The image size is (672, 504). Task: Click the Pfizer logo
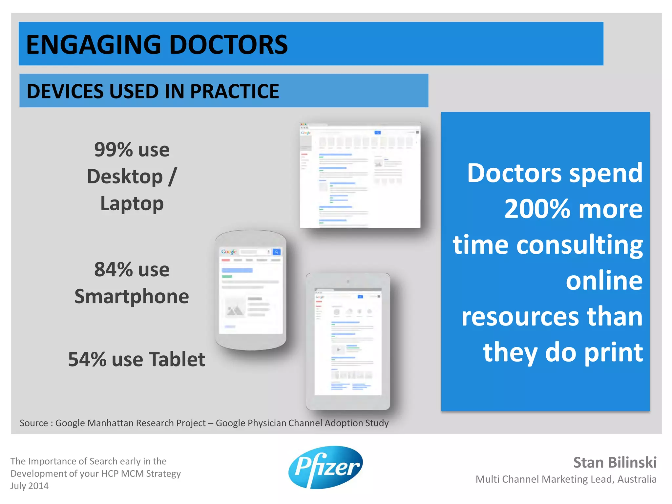pyautogui.click(x=325, y=467)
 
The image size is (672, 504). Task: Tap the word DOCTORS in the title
pyautogui.click(x=228, y=45)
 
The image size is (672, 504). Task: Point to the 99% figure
pyautogui.click(x=113, y=150)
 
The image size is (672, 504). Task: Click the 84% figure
pyautogui.click(x=113, y=269)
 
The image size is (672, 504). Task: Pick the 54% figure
pyautogui.click(x=87, y=359)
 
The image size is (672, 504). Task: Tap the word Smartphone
pyautogui.click(x=132, y=296)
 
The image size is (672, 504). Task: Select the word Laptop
pyautogui.click(x=132, y=203)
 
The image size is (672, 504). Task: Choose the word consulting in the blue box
pyautogui.click(x=579, y=245)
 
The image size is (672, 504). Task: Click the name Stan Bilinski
pyautogui.click(x=615, y=462)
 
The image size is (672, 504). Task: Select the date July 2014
pyautogui.click(x=29, y=486)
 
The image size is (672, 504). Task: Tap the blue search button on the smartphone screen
pyautogui.click(x=277, y=252)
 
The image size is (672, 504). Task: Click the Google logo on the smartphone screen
pyautogui.click(x=229, y=252)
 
